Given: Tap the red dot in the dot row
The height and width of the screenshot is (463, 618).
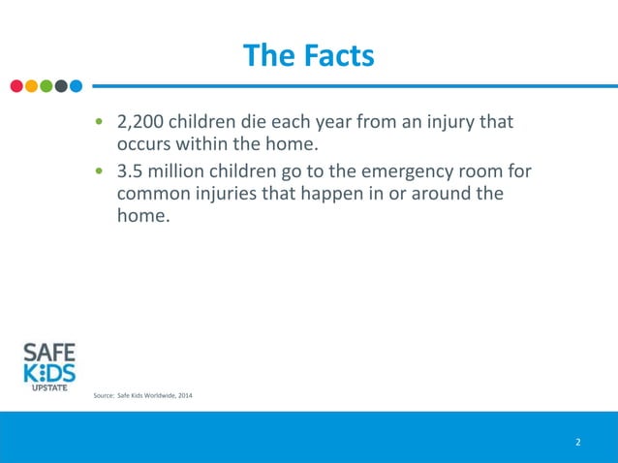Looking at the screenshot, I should pos(16,85).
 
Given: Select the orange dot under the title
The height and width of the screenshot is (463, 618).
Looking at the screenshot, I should pos(31,85).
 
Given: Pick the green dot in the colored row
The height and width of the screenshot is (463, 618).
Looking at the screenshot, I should pos(46,85).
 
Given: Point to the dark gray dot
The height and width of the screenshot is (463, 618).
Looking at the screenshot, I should pos(60,85).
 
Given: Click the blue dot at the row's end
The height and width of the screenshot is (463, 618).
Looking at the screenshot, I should pos(76,85).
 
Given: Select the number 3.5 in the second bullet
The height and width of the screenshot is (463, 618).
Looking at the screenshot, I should pos(131,171).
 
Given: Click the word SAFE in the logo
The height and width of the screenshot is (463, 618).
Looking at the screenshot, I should pos(49,351).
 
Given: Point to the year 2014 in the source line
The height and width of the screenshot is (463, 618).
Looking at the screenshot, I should pos(182,395).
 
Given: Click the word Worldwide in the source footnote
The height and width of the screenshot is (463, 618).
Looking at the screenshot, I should pos(152,395).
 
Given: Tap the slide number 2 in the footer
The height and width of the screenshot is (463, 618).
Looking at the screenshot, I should pos(578,443).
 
